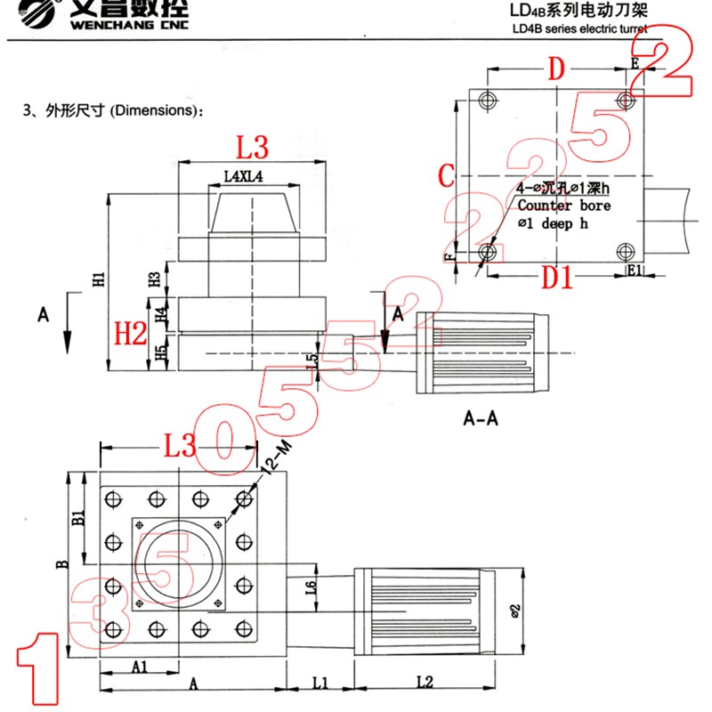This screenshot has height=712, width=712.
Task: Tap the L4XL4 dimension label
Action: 243,177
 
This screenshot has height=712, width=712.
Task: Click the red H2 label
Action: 131,334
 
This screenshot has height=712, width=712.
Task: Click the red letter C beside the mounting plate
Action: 448,175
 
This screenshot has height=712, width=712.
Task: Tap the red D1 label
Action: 558,279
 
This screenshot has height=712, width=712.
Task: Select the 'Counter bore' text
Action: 564,206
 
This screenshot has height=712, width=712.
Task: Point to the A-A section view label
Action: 481,416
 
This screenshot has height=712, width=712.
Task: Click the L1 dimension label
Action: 320,683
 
